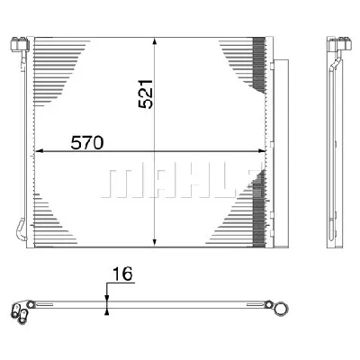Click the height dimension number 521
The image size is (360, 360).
coord(147,93)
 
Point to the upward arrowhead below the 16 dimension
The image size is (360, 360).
coord(106,310)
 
